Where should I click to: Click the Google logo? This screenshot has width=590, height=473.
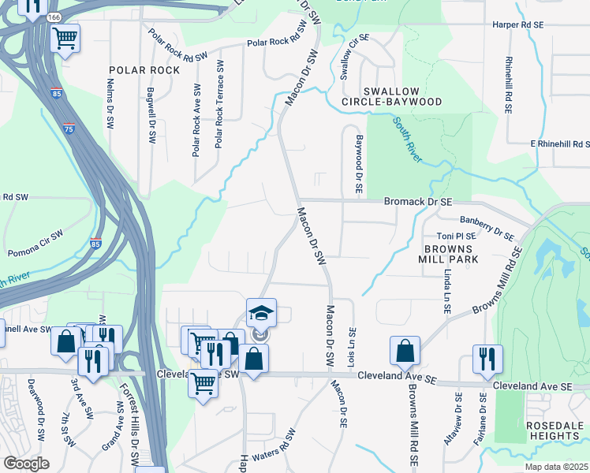click(x=26, y=464)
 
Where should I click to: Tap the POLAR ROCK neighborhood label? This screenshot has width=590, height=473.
click(x=145, y=70)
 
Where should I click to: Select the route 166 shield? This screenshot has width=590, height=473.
click(x=54, y=17)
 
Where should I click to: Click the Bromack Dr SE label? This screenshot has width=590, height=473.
click(x=418, y=202)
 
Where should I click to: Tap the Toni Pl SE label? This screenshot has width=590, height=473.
click(x=457, y=236)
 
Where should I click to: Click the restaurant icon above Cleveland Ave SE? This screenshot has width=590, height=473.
click(x=487, y=359)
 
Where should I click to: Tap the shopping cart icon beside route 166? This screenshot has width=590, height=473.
click(x=65, y=36)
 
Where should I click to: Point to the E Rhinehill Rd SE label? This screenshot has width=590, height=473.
click(x=559, y=144)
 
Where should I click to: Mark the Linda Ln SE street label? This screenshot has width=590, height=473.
click(x=447, y=291)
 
